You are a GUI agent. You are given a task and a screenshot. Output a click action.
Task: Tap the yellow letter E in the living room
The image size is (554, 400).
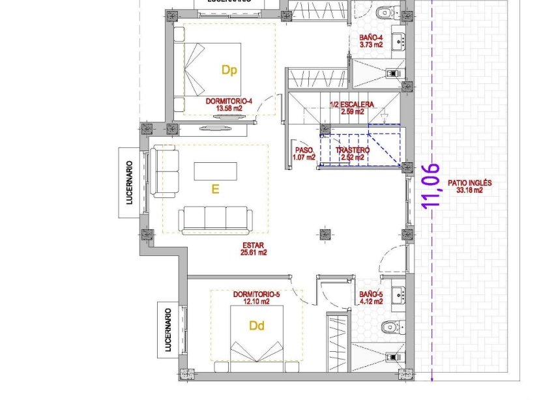click(214, 190)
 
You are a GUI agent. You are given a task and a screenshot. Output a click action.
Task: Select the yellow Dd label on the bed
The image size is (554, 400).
click(257, 326)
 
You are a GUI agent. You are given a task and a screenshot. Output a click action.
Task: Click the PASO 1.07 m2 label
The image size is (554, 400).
click(304, 153)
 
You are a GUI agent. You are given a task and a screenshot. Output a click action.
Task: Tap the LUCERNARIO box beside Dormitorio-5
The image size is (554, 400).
click(168, 330)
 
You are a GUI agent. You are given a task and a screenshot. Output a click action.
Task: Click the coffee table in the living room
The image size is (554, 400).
click(215, 171)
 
